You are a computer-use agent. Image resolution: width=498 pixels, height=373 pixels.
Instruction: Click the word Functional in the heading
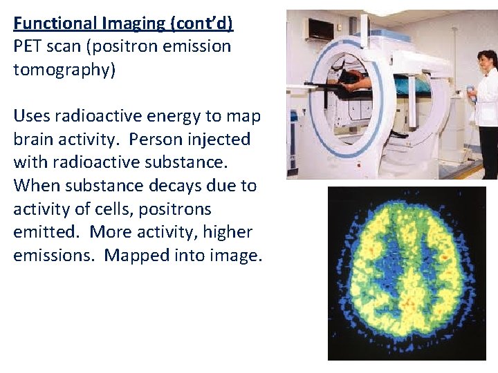(x=55, y=23)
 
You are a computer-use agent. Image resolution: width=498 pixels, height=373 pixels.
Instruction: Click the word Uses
(x=32, y=116)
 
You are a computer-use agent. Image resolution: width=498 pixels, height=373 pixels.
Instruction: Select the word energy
(x=181, y=116)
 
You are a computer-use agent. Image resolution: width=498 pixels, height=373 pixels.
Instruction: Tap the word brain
(x=35, y=140)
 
